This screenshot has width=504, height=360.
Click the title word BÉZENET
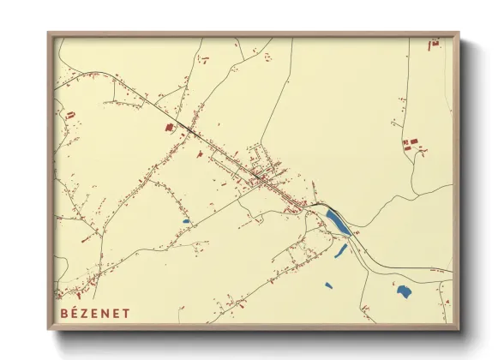pyautogui.click(x=95, y=313)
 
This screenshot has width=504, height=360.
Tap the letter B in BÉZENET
pyautogui.click(x=64, y=313)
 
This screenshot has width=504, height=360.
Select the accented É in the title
pyautogui.click(x=75, y=313)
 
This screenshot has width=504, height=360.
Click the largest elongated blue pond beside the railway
pyautogui.click(x=339, y=222)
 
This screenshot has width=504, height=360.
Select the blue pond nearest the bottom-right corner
pyautogui.click(x=404, y=291)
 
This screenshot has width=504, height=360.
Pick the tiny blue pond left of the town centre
pyautogui.click(x=186, y=222)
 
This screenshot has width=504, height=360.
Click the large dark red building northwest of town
pyautogui.click(x=169, y=127)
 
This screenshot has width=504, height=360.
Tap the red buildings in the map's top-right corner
pyautogui.click(x=435, y=41)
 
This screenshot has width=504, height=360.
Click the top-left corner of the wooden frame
pyautogui.click(x=49, y=33)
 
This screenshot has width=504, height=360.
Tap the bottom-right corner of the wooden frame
pyautogui.click(x=459, y=329)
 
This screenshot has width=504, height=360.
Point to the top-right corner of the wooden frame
pyautogui.click(x=459, y=33)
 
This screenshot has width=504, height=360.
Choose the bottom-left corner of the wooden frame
pyautogui.click(x=49, y=329)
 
